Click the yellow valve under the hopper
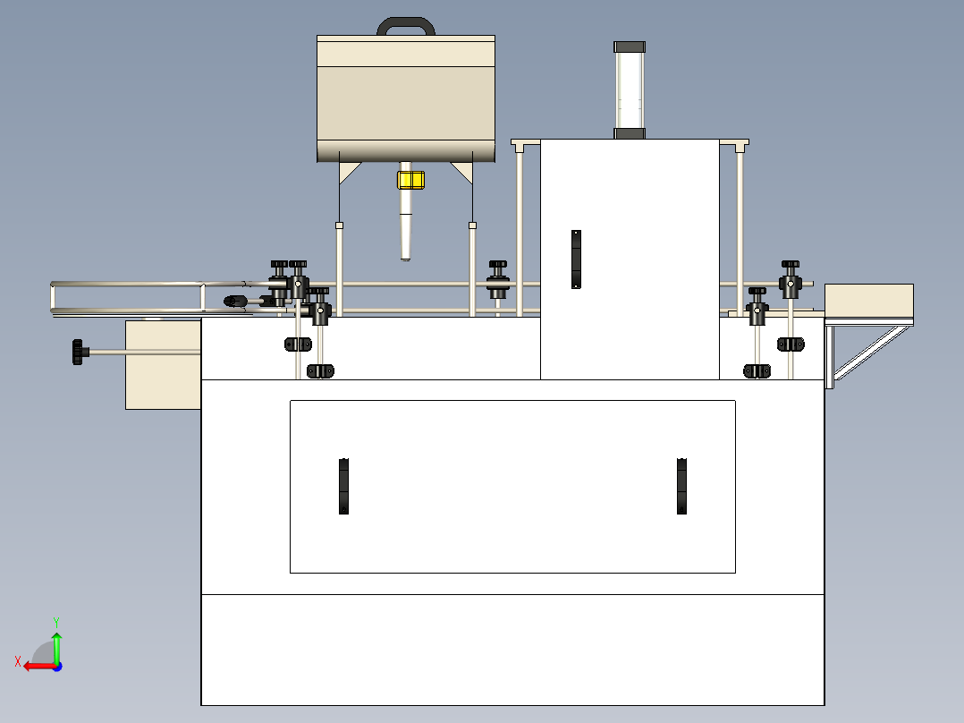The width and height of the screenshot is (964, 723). tap(410, 180)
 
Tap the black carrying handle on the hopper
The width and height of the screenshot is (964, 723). tap(406, 22)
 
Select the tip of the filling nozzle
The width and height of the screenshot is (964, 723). tap(405, 259)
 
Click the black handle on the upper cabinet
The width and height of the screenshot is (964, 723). tap(576, 259)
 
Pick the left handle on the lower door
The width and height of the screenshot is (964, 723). tap(343, 486)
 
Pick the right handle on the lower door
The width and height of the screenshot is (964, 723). tap(681, 486)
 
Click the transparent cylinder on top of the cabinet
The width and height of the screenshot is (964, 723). tap(630, 90)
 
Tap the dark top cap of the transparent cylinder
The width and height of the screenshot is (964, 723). tap(630, 47)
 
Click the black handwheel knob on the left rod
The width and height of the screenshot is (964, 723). tap(78, 352)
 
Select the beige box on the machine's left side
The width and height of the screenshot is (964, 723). tap(163, 365)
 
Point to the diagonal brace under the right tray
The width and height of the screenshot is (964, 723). tap(871, 353)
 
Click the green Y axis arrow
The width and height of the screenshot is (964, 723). tap(56, 645)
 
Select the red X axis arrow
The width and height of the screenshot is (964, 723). tap(40, 667)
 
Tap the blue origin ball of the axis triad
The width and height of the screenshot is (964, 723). tap(57, 667)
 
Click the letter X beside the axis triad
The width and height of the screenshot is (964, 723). tap(18, 662)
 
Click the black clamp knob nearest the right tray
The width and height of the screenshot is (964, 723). tap(790, 279)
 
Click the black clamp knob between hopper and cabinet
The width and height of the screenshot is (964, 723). tap(498, 279)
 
